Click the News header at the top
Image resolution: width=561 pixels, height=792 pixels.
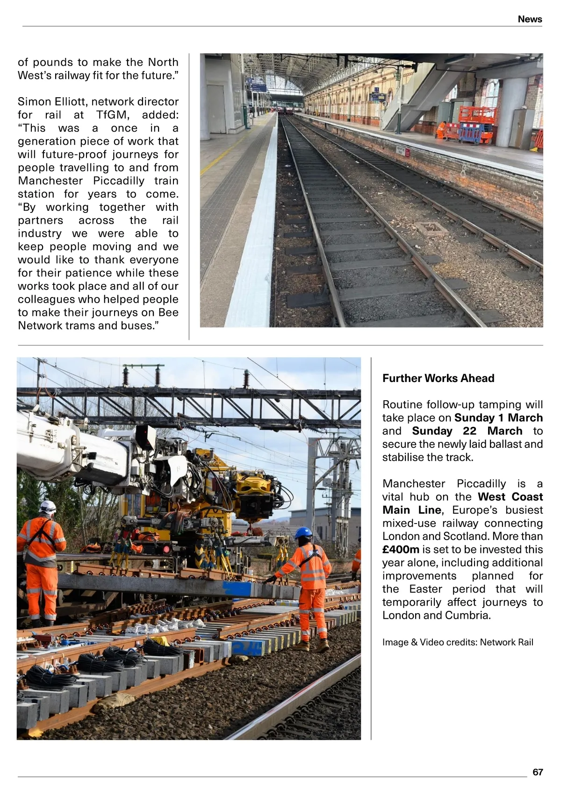(x=530, y=19)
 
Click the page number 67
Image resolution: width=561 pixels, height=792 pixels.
(x=538, y=772)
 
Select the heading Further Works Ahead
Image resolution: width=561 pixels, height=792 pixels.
(x=438, y=378)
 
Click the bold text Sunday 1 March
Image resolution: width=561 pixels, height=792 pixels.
(x=498, y=418)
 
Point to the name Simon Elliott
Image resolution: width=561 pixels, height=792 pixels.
(x=51, y=102)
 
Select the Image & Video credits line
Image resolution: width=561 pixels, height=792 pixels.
(x=458, y=642)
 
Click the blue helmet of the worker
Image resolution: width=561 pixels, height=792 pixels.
(x=303, y=532)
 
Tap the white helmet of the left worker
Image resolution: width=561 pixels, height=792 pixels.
(x=48, y=506)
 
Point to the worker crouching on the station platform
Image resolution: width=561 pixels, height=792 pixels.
(x=441, y=130)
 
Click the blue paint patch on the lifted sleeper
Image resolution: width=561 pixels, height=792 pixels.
(x=238, y=588)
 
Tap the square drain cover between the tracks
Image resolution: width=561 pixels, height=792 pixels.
(x=432, y=229)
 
